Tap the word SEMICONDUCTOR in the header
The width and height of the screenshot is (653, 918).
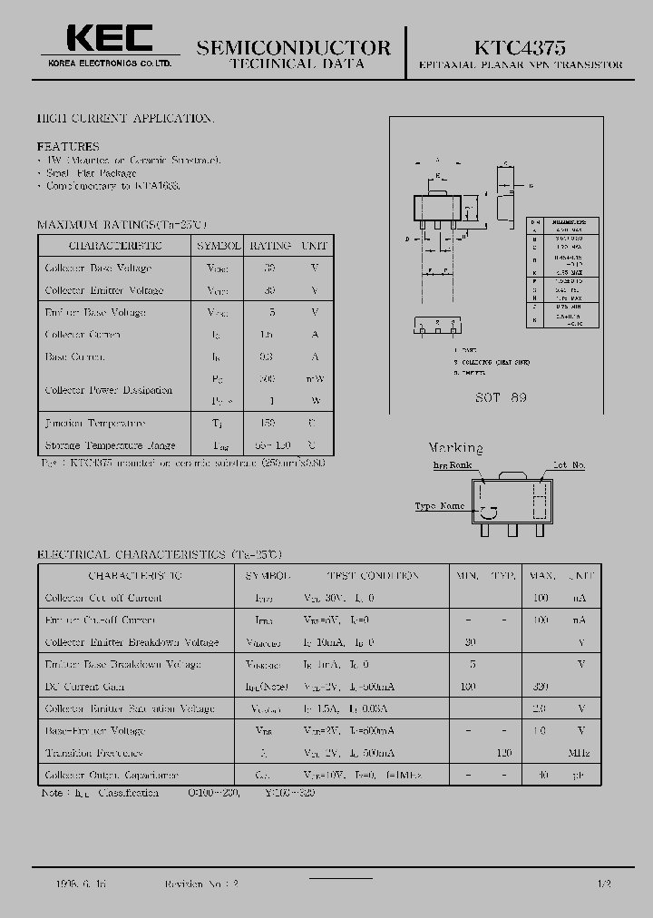[x=294, y=47]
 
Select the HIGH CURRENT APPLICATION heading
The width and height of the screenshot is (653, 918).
[x=125, y=119]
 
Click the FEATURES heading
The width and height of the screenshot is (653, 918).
[x=68, y=146]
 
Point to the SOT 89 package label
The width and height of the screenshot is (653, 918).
[x=502, y=397]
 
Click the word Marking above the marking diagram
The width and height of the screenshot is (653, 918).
[x=455, y=448]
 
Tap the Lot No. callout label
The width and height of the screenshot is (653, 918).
[x=569, y=465]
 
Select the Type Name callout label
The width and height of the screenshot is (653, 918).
[x=439, y=506]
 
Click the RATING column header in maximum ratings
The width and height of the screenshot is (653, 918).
[x=270, y=246]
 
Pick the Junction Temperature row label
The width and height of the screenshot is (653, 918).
[x=95, y=424]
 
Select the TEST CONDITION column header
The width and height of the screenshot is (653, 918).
[x=374, y=575]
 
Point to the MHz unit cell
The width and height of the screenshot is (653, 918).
[x=579, y=753]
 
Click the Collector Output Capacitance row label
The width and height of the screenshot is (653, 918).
[x=112, y=776]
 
